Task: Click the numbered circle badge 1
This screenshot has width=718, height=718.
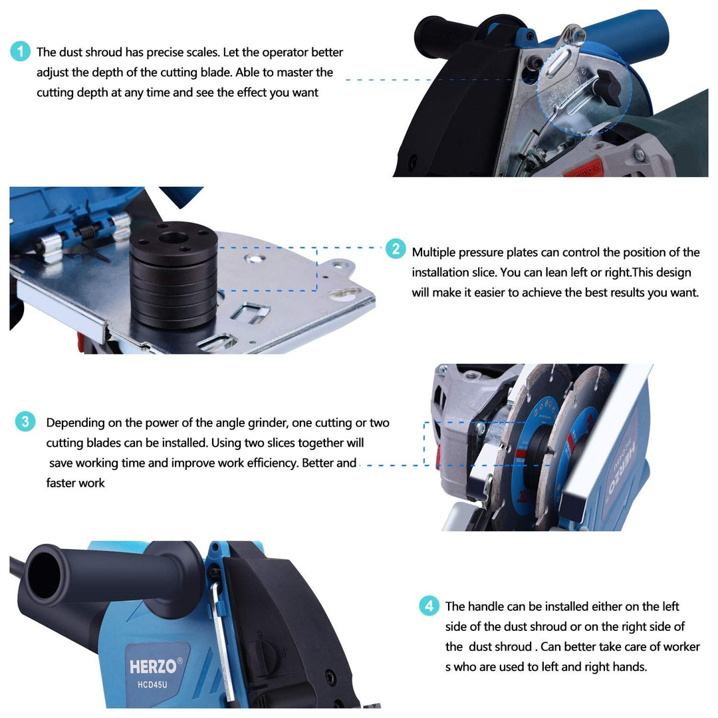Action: [20, 51]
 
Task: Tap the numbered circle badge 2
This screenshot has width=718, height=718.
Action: [396, 249]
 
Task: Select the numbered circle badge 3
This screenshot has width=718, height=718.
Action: [25, 421]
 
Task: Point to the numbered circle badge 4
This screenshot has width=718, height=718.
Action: [429, 606]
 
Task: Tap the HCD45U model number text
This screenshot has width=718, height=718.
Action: [152, 685]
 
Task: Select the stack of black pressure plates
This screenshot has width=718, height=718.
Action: [174, 275]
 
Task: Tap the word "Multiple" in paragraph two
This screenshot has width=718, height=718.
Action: [433, 253]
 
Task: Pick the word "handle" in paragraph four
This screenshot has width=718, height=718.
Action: [486, 606]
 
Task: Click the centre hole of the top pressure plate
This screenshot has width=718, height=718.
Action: [173, 238]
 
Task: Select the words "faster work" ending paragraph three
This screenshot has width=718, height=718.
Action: [76, 483]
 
